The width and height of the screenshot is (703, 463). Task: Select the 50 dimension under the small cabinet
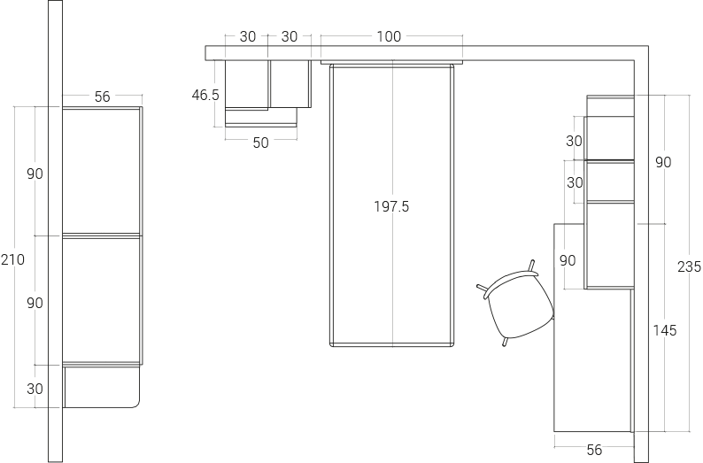pos(260,143)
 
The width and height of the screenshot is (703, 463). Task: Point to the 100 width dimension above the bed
pos(389,36)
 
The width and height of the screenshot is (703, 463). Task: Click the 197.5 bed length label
pos(391,206)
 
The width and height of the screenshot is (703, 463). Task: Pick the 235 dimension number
pos(689,266)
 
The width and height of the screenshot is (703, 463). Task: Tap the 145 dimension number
pos(664,330)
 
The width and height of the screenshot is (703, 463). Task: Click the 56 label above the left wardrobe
pos(102,96)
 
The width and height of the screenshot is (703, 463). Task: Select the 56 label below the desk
pos(594,450)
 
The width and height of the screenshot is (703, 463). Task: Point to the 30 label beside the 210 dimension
pos(35,389)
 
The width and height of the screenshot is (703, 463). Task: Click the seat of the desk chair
pos(520,305)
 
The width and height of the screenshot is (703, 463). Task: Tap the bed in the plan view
pos(391,266)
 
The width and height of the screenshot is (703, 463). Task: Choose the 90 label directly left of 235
pos(663,162)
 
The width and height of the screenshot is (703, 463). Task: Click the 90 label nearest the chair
pos(568,260)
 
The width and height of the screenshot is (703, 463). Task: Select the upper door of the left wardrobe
pos(102,170)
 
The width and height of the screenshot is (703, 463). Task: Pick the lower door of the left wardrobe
pos(102,299)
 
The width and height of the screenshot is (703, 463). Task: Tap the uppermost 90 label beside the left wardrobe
pos(35,174)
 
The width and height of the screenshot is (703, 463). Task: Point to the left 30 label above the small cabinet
pos(248,36)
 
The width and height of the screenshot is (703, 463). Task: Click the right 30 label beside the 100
pos(290,36)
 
